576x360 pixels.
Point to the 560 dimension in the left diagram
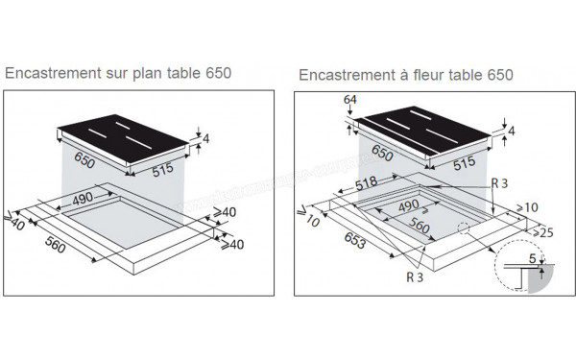56,245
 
